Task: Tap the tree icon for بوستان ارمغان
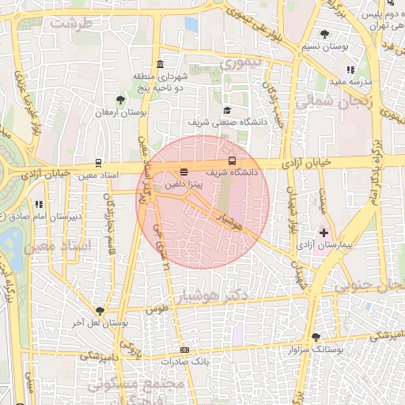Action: point(119,100)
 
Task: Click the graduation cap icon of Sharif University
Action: point(228,110)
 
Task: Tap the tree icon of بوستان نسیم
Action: point(325,33)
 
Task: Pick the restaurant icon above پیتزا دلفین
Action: point(184,169)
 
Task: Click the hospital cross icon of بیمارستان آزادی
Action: point(324,233)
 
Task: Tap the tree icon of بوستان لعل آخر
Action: point(100,311)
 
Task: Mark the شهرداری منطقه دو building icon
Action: point(161,64)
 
